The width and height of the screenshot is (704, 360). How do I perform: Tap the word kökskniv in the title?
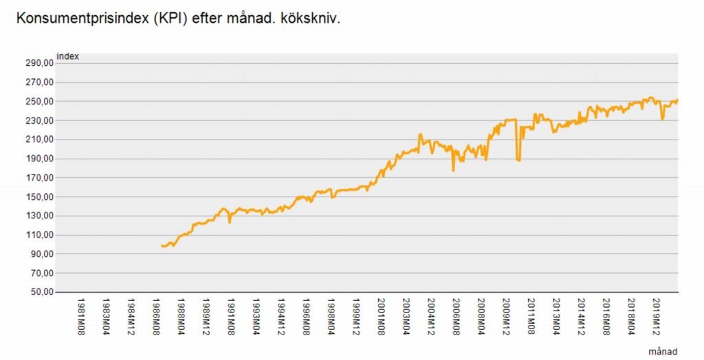click(311, 18)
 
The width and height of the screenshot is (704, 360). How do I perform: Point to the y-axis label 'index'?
click(67, 56)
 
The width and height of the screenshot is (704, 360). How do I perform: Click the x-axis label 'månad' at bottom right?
click(663, 351)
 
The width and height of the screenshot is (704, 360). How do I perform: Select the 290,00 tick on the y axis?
click(38, 63)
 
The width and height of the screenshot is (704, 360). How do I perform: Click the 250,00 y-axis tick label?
click(38, 102)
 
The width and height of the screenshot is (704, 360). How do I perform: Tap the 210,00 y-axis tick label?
click(38, 139)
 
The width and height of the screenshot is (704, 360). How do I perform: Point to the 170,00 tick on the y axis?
click(38, 178)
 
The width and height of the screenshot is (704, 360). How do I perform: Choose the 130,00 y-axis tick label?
click(38, 216)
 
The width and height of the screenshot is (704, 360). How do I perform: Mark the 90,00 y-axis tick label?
click(40, 254)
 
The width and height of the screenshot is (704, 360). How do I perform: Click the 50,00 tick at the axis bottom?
click(40, 292)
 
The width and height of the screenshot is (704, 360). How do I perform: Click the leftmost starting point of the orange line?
click(161, 245)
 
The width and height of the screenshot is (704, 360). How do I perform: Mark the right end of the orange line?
click(677, 100)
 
